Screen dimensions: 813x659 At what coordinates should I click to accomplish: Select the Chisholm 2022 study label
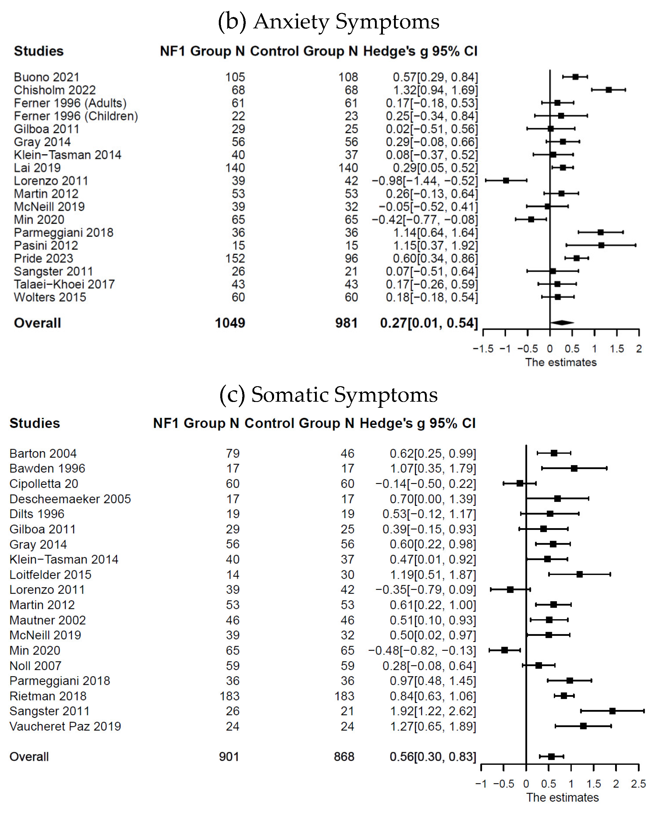click(x=55, y=90)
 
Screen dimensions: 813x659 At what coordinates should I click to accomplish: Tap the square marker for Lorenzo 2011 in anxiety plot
click(x=506, y=180)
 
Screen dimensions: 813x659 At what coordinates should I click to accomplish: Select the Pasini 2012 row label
click(x=46, y=245)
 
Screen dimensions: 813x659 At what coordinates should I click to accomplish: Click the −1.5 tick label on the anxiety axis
click(x=483, y=349)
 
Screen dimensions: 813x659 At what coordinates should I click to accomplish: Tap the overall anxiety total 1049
click(x=230, y=323)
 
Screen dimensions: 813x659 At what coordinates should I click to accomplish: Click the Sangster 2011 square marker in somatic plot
click(x=612, y=711)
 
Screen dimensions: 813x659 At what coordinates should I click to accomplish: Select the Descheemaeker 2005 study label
click(x=70, y=499)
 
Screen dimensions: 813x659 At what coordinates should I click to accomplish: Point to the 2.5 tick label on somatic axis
click(x=639, y=784)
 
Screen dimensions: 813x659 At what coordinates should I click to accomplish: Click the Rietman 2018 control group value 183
click(x=344, y=696)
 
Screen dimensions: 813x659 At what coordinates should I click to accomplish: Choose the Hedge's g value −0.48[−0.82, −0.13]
click(x=422, y=651)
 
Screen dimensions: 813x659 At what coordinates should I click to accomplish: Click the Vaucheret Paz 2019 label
click(x=65, y=726)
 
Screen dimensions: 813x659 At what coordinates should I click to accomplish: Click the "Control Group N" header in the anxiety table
click(x=304, y=51)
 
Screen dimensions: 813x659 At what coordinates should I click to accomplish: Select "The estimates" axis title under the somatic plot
click(x=562, y=797)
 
